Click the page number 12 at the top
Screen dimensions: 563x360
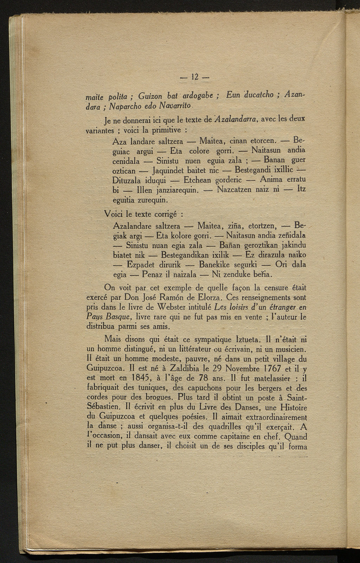[x=194, y=77]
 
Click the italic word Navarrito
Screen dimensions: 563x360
[x=175, y=105]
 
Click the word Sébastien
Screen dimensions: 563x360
[x=104, y=408]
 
